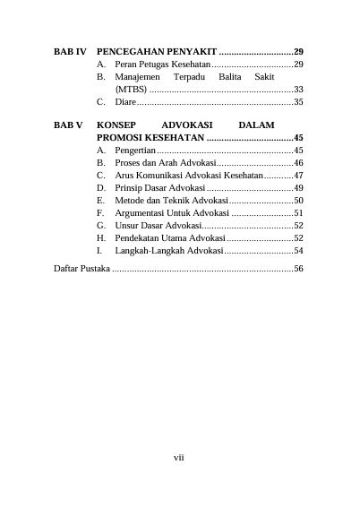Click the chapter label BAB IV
point(70,53)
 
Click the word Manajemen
point(135,78)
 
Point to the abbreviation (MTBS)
point(131,90)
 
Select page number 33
point(298,90)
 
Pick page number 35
point(298,102)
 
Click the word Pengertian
point(136,151)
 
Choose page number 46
point(298,164)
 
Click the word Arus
point(124,177)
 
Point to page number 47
point(298,177)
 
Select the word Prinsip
point(129,189)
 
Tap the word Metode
point(129,202)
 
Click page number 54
point(298,252)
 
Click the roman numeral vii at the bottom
point(179,458)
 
